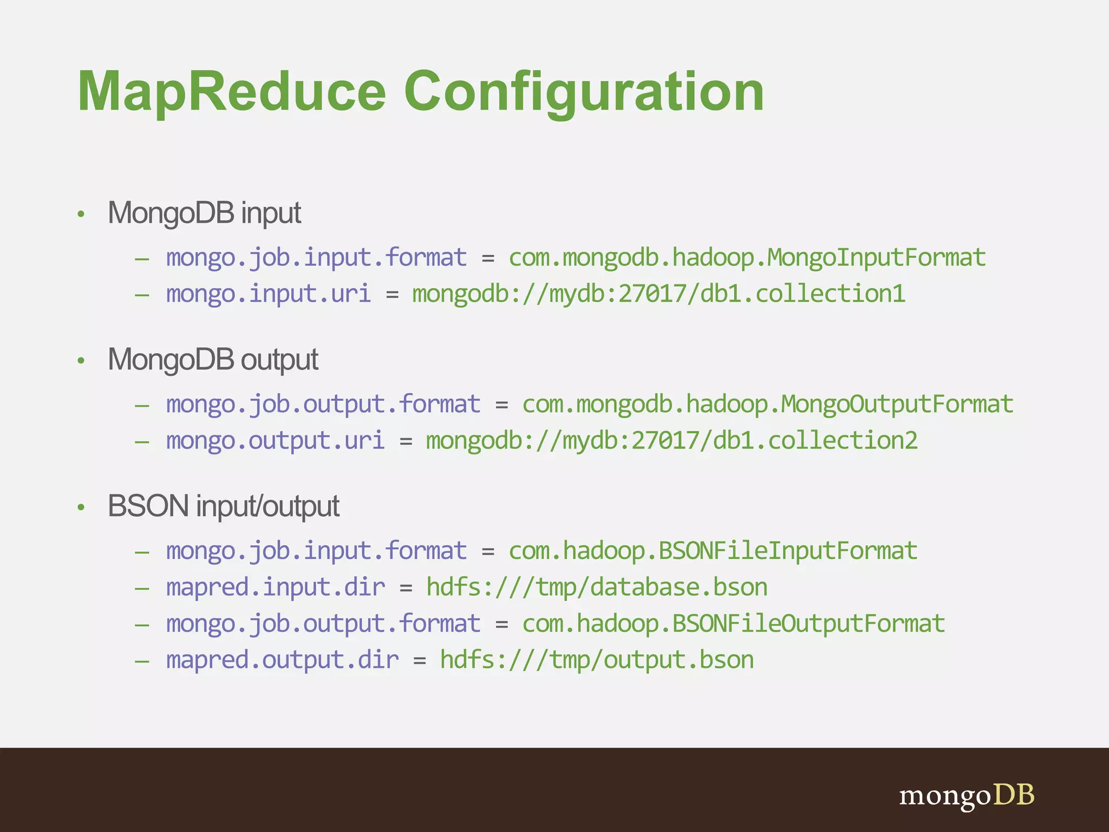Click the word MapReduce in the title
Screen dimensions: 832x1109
(232, 92)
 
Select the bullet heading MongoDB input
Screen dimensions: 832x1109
(204, 213)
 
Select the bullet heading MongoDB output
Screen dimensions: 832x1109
(213, 360)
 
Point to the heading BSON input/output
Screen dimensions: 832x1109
(223, 506)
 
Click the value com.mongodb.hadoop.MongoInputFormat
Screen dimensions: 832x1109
(747, 257)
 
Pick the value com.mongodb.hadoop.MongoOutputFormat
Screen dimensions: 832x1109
(767, 404)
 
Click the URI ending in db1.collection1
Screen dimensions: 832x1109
(658, 294)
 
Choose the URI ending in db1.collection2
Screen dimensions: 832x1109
(671, 440)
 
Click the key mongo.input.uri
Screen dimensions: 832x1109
(268, 294)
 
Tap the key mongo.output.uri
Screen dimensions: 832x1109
(275, 440)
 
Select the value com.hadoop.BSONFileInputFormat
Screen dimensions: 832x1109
(713, 551)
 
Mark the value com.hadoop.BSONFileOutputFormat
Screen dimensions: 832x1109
(733, 623)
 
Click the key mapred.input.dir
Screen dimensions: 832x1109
(275, 587)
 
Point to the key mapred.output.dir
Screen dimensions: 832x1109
(282, 660)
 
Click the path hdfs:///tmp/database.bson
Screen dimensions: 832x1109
(597, 587)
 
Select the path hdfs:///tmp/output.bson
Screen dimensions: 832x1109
(597, 660)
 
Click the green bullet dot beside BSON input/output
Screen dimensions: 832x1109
(81, 508)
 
